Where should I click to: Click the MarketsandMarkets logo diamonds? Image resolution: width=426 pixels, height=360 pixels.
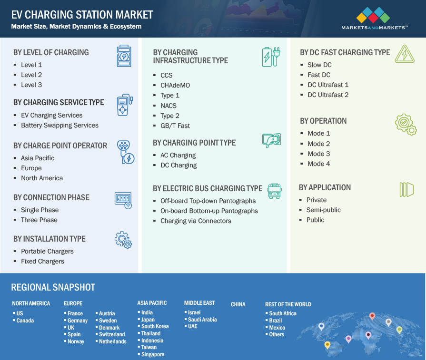(373, 15)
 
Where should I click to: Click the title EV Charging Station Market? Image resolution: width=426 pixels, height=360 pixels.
(82, 15)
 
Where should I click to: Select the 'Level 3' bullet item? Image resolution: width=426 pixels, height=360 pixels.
(31, 85)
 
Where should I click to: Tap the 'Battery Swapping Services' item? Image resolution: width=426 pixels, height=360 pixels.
(60, 126)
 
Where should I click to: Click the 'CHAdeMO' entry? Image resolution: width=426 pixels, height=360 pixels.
(175, 86)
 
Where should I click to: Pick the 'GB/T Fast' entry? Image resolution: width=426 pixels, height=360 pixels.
(175, 126)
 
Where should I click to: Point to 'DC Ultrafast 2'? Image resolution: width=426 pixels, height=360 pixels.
(328, 95)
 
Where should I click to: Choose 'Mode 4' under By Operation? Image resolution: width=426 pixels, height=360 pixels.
(319, 164)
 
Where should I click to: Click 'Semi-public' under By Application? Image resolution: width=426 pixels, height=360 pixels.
(323, 210)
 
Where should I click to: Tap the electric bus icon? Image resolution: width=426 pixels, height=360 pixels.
(274, 191)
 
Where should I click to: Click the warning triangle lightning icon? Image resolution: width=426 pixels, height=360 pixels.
(405, 54)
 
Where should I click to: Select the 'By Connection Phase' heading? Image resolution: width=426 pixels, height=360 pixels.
(51, 197)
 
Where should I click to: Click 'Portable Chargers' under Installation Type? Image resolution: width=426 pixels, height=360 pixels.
(47, 252)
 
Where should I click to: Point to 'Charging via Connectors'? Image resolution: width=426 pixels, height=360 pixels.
(196, 221)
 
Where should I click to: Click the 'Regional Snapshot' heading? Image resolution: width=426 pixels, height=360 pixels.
(53, 287)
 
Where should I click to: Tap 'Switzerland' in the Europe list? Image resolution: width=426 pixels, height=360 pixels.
(112, 334)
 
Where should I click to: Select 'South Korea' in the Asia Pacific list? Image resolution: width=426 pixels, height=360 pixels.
(155, 326)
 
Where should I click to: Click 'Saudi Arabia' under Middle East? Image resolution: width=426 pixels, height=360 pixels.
(202, 320)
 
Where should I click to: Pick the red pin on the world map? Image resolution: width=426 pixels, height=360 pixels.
(372, 316)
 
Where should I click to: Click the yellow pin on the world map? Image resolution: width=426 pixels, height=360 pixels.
(327, 345)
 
